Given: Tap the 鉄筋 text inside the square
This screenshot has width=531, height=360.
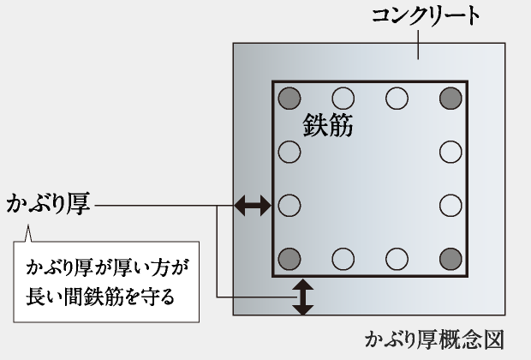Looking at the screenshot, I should point(328,126).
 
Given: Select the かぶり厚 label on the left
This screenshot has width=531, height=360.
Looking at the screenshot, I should point(48,205).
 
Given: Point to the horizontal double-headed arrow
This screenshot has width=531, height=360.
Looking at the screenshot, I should point(253,205).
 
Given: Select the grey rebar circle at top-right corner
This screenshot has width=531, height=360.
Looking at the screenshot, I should point(450,98).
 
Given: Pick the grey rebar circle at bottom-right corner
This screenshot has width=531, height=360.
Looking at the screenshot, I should point(450,257).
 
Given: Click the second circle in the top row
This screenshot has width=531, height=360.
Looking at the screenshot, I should point(343,98).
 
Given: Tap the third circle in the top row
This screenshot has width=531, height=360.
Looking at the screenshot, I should point(397,98).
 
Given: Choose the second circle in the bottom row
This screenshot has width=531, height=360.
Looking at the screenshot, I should point(343,257).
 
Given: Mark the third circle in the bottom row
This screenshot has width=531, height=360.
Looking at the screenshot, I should point(397,257).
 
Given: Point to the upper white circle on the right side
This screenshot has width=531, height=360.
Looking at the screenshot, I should point(450,153).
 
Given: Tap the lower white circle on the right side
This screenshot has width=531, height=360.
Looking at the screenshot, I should point(450,206).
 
